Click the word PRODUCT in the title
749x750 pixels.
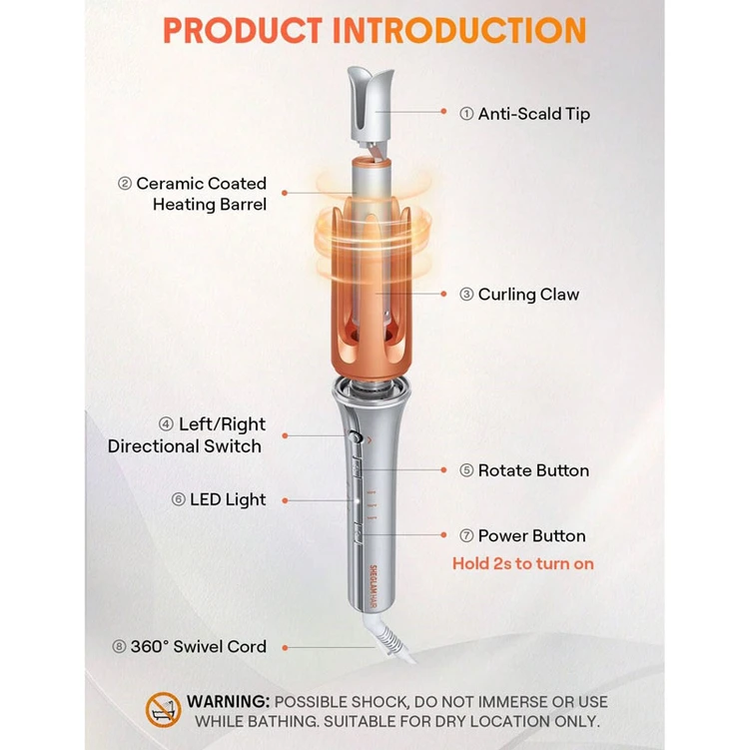243,31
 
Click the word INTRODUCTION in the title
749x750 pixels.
459,31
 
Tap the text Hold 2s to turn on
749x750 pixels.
523,563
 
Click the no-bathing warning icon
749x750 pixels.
163,710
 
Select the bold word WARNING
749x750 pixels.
229,702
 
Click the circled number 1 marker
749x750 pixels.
466,114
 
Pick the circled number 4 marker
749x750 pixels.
166,424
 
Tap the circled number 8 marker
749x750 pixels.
119,647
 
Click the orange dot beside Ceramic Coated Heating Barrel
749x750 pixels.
285,193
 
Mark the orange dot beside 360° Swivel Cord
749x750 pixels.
285,648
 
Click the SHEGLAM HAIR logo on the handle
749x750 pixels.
374,587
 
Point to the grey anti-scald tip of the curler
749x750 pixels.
371,105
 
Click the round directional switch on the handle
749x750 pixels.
355,436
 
